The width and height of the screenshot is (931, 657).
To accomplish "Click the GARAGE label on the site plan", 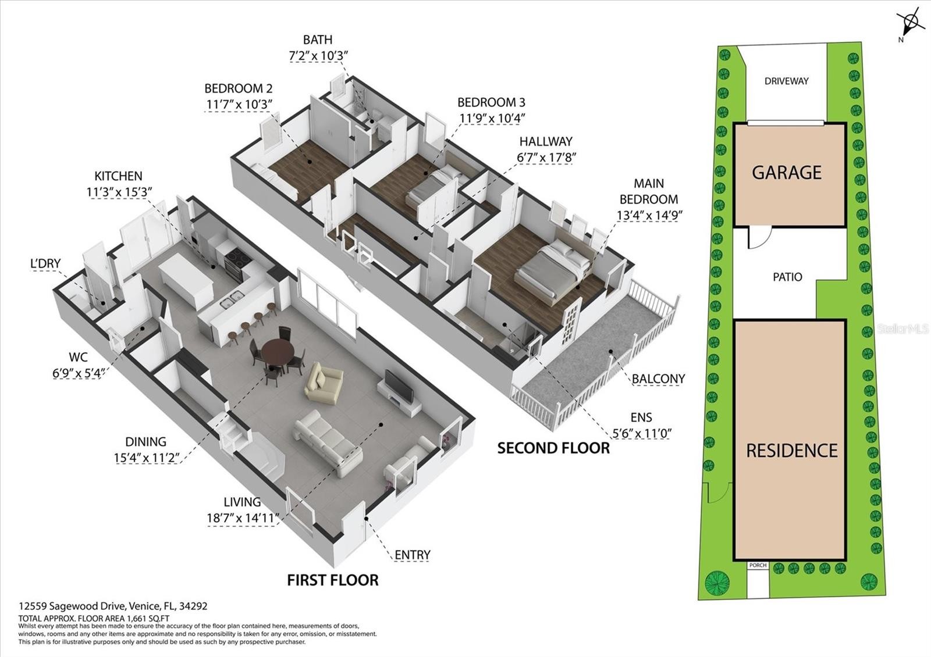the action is (786, 172).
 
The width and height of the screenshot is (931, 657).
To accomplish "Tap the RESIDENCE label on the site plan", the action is (792, 451).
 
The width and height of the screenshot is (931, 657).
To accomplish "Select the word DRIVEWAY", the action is (786, 81).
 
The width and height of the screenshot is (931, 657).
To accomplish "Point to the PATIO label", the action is (787, 277).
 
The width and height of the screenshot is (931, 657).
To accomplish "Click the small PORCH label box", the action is (758, 565).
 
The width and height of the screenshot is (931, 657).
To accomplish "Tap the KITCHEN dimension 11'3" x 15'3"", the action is (119, 192).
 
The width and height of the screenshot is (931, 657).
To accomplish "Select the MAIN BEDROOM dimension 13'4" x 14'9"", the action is (649, 215).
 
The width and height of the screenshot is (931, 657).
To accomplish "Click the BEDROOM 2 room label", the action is (238, 88).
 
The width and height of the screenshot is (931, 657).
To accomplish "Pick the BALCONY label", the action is (658, 379).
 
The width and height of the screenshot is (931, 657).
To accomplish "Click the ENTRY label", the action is (413, 555).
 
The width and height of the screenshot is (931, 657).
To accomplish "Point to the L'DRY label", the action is (45, 263).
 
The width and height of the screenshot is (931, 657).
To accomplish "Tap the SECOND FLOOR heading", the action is (553, 448).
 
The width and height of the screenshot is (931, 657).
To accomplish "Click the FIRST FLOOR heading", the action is (333, 580).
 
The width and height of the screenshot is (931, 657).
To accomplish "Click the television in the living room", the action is (399, 386).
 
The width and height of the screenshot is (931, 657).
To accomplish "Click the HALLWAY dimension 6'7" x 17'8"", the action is (546, 158).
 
